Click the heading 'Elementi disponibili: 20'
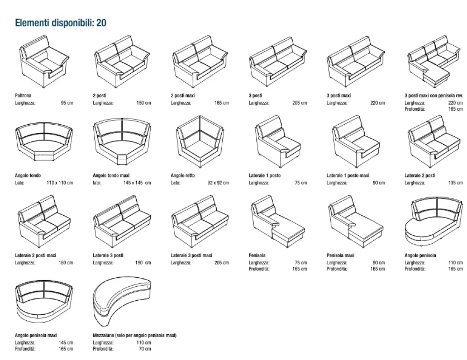point(61,23)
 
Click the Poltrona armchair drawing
point(42,63)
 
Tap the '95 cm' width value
point(67,103)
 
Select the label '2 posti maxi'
point(183,96)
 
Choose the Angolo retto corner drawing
point(198,139)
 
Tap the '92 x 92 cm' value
point(218,183)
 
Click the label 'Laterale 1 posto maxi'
point(347,176)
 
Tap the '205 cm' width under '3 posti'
point(299,103)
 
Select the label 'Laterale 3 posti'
point(108,255)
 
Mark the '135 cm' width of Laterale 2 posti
point(455,183)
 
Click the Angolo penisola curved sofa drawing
point(433,223)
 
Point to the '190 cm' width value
point(143,262)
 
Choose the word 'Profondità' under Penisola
point(259,268)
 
